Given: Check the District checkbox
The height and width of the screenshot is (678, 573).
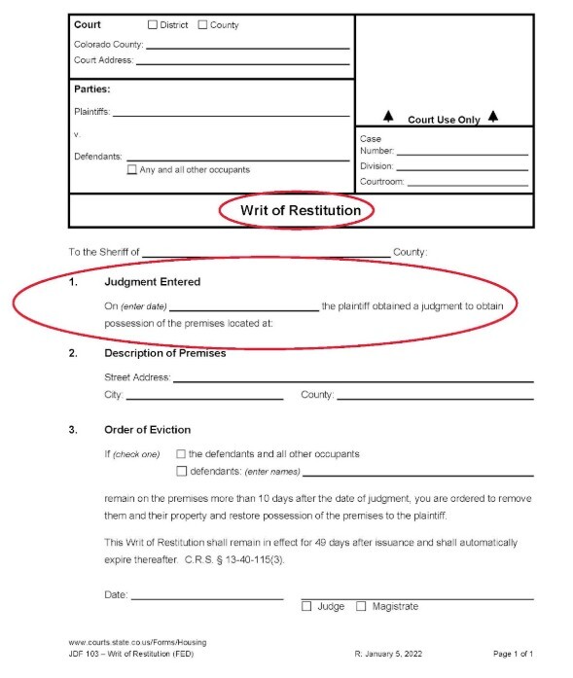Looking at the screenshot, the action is click(153, 25).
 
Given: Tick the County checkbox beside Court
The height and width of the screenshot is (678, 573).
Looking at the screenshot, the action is click(202, 25).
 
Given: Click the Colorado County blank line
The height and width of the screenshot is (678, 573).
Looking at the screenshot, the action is click(247, 46).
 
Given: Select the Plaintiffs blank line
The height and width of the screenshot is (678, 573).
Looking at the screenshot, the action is click(232, 115).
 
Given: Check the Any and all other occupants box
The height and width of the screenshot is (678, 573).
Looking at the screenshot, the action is click(132, 170).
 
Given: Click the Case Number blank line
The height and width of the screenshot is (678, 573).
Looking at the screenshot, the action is click(462, 153).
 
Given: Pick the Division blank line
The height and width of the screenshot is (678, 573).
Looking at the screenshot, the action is click(463, 167).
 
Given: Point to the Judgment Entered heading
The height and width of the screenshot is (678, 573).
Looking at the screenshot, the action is click(152, 282).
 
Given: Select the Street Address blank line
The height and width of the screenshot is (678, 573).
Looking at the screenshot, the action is click(353, 379).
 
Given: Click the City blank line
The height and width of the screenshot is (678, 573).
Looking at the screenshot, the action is click(204, 397).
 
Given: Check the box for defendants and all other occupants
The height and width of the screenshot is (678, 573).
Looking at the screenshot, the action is click(182, 454).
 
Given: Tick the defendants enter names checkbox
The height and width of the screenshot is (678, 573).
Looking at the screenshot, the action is click(182, 472).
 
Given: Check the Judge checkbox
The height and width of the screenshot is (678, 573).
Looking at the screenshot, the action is click(306, 607).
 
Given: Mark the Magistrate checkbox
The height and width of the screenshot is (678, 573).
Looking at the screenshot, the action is click(361, 607).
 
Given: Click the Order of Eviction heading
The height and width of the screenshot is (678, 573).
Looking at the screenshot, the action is click(147, 429).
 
